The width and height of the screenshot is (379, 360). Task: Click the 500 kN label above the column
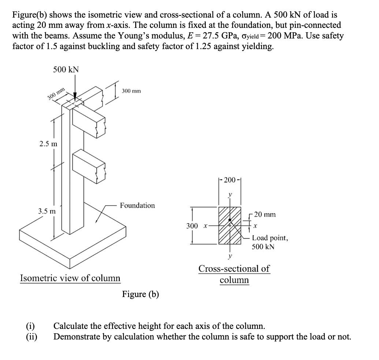coord(66,70)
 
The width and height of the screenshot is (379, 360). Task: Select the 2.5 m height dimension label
coord(48,144)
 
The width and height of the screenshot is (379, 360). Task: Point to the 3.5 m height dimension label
coord(47,211)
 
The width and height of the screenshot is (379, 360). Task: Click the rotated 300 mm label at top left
coord(56,94)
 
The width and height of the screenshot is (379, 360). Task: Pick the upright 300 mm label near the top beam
coord(131,90)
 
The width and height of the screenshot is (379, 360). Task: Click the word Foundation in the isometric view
coord(137,205)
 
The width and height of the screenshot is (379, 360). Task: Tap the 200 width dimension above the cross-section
coord(230,180)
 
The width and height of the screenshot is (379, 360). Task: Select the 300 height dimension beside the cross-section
coord(192,226)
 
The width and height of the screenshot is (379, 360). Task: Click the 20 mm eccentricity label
coord(265,214)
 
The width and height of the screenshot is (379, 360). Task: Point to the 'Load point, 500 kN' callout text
coord(270,242)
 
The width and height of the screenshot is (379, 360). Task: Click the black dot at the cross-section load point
coord(230,220)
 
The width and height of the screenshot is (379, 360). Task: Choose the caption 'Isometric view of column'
coord(70,278)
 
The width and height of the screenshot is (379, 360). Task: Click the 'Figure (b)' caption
coord(141,294)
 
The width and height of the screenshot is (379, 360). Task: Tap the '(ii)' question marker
coord(31,337)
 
